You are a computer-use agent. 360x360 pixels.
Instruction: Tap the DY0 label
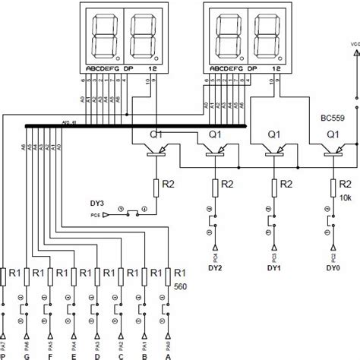(x=333, y=267)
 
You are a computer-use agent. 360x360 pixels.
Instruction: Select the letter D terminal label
(x=97, y=353)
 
